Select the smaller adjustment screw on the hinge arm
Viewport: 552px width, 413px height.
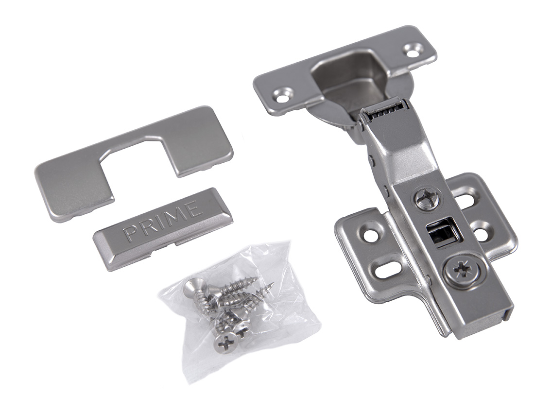coord(427,199)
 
